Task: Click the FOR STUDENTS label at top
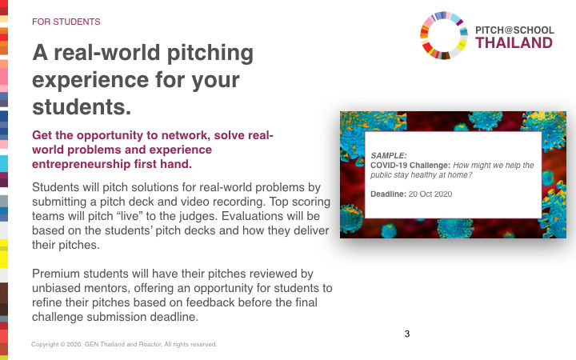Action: click(x=66, y=22)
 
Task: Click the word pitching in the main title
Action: click(x=210, y=54)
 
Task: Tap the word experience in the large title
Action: click(x=90, y=81)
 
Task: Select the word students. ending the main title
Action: click(x=82, y=107)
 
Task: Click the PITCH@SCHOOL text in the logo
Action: click(x=514, y=30)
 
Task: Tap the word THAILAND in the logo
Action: click(x=514, y=43)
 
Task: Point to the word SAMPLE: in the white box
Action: click(x=389, y=155)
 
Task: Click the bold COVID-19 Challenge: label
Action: click(x=410, y=166)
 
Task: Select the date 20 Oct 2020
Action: click(x=430, y=194)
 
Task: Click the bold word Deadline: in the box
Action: click(x=388, y=194)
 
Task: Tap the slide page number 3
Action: click(x=407, y=334)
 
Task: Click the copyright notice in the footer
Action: click(x=124, y=344)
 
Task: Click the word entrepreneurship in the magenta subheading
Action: click(x=81, y=164)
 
